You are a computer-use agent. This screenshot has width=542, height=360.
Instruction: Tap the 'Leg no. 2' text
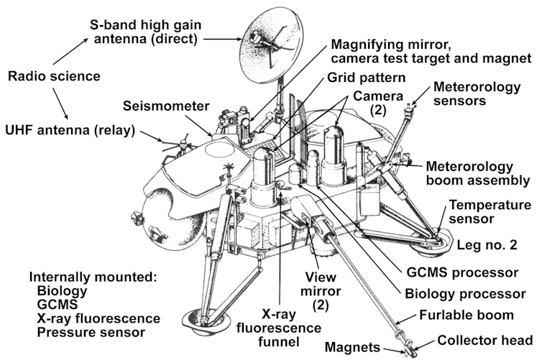coord(487,245)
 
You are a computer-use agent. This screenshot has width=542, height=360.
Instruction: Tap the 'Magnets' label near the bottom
coord(352,347)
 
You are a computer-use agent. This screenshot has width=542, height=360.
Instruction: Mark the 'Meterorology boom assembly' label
coord(479,172)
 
